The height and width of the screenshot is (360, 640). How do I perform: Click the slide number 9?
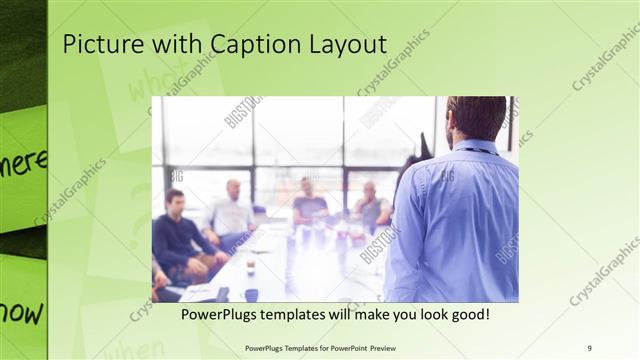pyautogui.click(x=590, y=348)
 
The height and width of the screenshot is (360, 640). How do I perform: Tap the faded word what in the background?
pyautogui.click(x=150, y=85)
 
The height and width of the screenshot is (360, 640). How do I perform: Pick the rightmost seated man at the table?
pyautogui.click(x=371, y=207)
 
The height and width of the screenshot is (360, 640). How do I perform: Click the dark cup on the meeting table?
pyautogui.click(x=251, y=294)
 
